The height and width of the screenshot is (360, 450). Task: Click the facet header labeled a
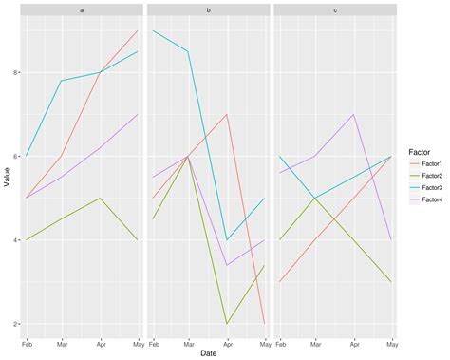tap(83, 9)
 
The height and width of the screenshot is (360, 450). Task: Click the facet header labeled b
tap(208, 9)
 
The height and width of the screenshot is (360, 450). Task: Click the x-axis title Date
tap(208, 353)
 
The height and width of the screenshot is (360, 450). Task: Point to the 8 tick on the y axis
tap(16, 73)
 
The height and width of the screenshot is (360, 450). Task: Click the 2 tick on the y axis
tap(16, 325)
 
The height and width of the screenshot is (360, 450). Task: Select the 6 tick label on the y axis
tap(16, 157)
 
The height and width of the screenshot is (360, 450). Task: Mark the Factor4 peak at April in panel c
tap(353, 115)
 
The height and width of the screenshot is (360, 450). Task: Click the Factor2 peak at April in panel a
tap(102, 199)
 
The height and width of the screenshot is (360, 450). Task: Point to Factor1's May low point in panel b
tap(264, 324)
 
